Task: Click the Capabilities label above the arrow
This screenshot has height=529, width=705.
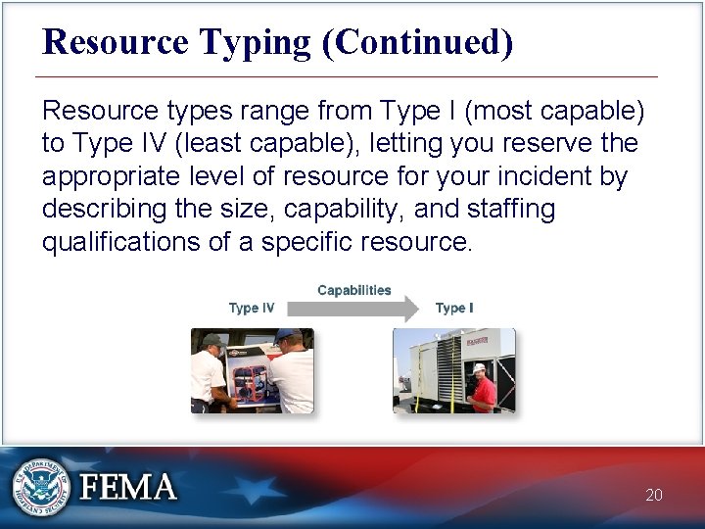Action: click(x=353, y=290)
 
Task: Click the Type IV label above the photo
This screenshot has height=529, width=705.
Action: click(x=252, y=308)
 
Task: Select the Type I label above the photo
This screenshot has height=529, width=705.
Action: click(x=454, y=308)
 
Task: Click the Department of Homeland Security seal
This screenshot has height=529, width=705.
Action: click(x=40, y=487)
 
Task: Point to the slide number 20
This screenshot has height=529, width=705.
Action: click(x=654, y=495)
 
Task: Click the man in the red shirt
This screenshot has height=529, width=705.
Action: click(x=482, y=390)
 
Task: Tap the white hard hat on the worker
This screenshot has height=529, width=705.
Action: click(x=479, y=367)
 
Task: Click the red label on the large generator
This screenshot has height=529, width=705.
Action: click(x=478, y=342)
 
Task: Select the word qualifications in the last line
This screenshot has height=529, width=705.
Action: click(x=121, y=242)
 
